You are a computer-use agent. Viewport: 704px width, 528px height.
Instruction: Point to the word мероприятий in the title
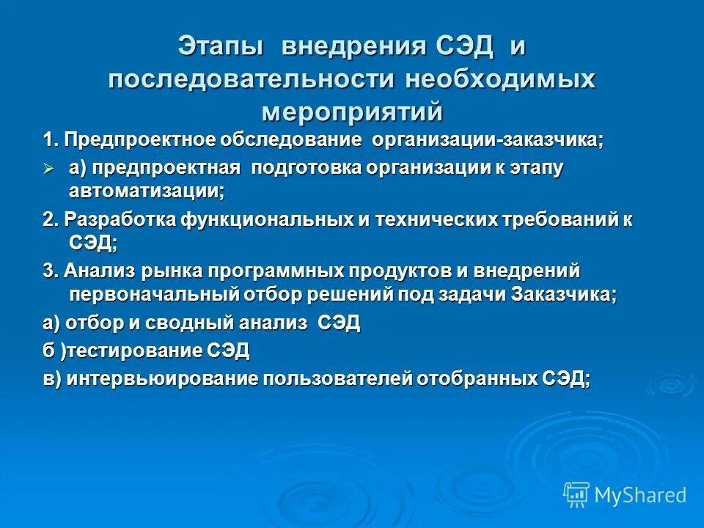(x=352, y=111)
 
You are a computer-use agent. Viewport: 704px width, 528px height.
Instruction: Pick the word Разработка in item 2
(x=109, y=219)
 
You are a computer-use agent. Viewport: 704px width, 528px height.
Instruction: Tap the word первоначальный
(x=151, y=294)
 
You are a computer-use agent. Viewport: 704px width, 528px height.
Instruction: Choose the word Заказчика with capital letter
(x=568, y=294)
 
